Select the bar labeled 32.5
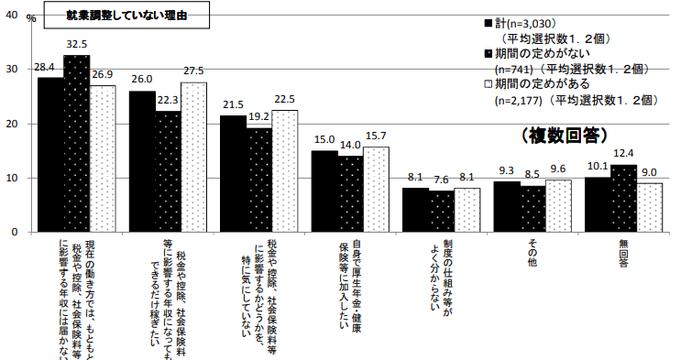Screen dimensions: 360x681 coord(76,143)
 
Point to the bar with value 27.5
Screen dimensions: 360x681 coord(193,157)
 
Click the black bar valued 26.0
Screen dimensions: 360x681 coord(142,161)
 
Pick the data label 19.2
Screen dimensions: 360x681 coord(258,116)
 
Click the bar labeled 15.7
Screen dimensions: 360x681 coord(376,189)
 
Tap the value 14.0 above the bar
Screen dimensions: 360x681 coord(350,145)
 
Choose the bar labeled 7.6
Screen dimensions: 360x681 coord(442,211)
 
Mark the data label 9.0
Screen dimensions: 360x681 coord(649,171)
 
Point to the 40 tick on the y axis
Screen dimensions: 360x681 coord(11,16)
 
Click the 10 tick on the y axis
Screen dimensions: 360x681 coord(11,178)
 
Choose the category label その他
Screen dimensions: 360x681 coord(533,252)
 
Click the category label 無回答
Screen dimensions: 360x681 coord(623,252)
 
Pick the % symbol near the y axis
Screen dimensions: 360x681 coord(31,17)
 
